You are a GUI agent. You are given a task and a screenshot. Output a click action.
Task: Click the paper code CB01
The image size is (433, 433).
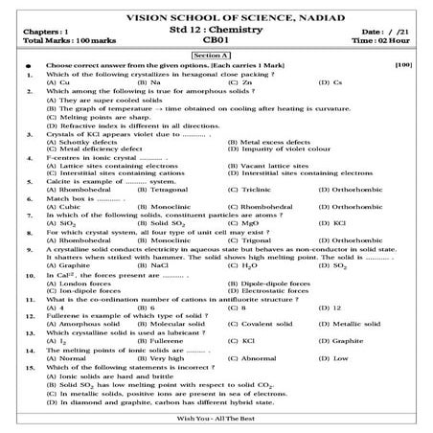[217, 42]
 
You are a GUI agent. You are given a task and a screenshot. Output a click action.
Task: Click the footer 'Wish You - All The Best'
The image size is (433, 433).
[216, 422]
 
